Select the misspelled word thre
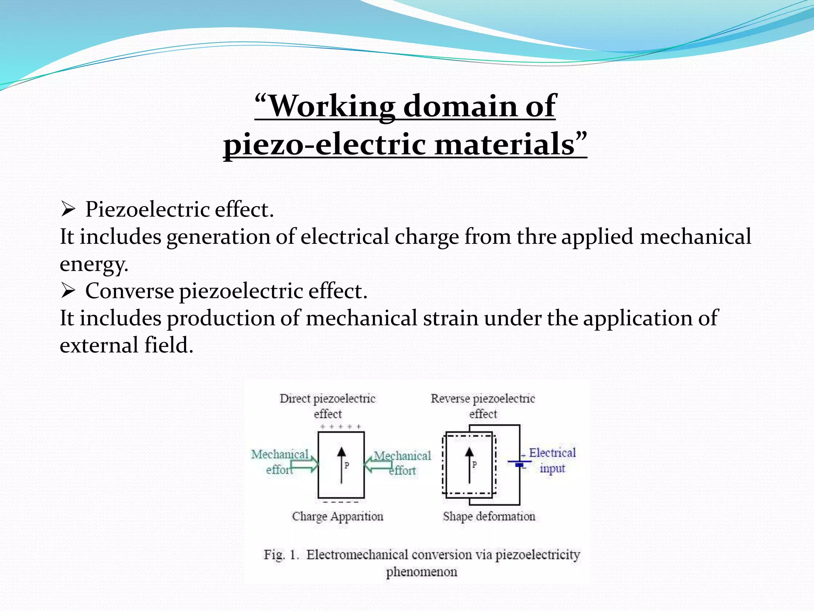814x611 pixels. pyautogui.click(x=537, y=236)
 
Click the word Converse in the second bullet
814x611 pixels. pyautogui.click(x=130, y=291)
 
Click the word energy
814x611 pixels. pyautogui.click(x=94, y=264)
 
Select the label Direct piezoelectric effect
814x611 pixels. pyautogui.click(x=328, y=405)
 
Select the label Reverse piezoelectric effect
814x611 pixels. pyautogui.click(x=483, y=405)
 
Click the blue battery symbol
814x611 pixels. pyautogui.click(x=519, y=463)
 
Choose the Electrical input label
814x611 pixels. pyautogui.click(x=552, y=460)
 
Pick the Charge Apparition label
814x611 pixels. pyautogui.click(x=337, y=516)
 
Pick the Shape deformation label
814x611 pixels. pyautogui.click(x=489, y=516)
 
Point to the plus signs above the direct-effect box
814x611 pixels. pyautogui.click(x=341, y=427)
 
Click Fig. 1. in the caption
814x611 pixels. pyautogui.click(x=281, y=555)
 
